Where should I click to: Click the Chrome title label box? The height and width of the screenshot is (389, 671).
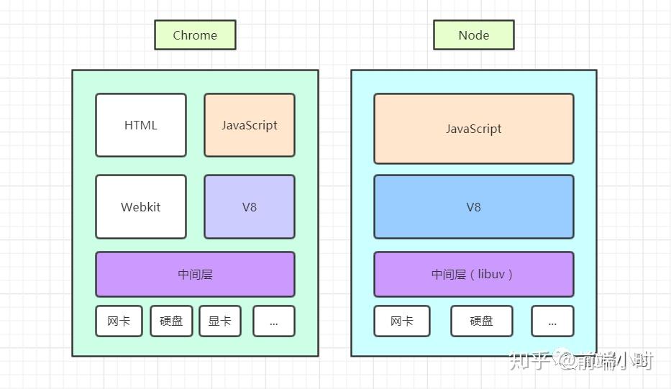click(195, 35)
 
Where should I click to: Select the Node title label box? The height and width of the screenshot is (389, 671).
click(473, 35)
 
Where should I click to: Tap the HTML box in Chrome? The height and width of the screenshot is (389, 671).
click(141, 125)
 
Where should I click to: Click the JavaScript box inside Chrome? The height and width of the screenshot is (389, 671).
click(250, 125)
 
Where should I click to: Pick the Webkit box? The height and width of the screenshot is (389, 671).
click(141, 207)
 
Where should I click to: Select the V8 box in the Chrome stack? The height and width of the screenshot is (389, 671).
click(250, 207)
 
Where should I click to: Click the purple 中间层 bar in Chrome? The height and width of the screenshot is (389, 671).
click(195, 274)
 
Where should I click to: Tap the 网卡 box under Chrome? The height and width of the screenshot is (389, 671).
click(119, 321)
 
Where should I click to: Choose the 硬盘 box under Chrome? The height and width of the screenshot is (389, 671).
click(171, 321)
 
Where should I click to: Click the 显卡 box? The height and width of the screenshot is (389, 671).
click(219, 321)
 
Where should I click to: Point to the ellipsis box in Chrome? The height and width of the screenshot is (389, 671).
click(273, 321)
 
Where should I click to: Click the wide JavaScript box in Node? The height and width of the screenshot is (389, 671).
click(473, 129)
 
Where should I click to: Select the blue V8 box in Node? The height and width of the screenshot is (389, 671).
click(473, 207)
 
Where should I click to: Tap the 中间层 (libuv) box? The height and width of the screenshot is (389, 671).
click(473, 274)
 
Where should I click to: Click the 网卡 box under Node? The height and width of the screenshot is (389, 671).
click(401, 321)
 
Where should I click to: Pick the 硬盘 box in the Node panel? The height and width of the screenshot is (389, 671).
click(482, 321)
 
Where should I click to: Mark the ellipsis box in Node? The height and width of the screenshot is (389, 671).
click(552, 321)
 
